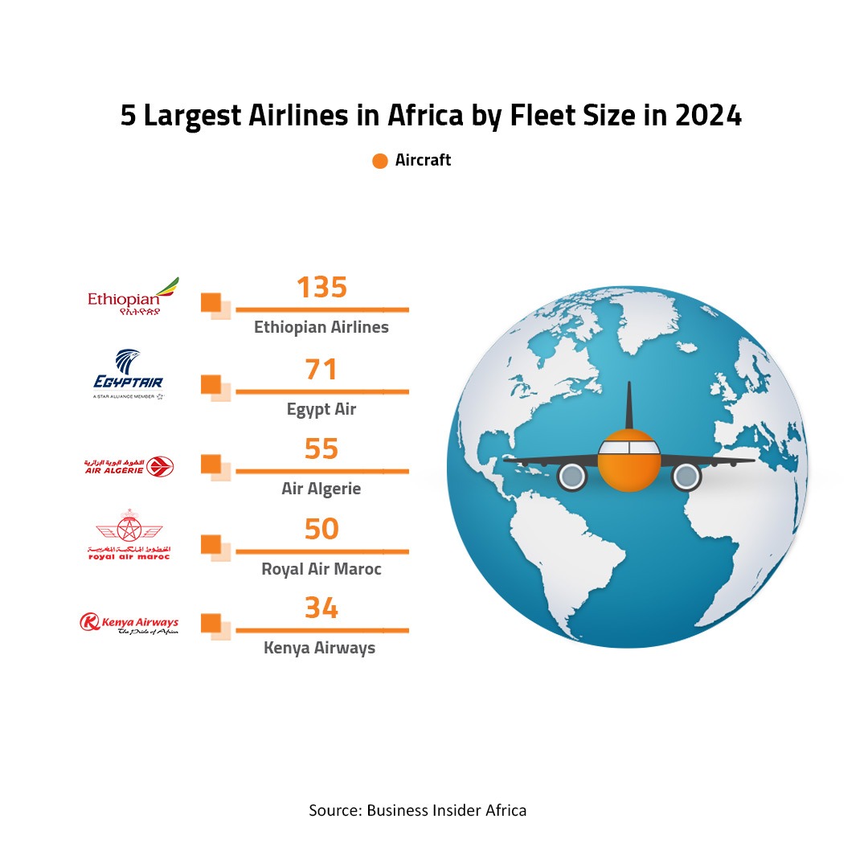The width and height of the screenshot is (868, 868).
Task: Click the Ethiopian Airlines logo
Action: coord(133,297)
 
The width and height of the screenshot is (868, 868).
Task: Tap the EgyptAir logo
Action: coord(129,374)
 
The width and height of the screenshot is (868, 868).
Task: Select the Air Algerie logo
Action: coord(129,466)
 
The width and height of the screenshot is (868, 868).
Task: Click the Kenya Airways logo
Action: coord(129,623)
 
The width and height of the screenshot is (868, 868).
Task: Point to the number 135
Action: coord(321,288)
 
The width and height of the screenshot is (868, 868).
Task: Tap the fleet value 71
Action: coord(321,370)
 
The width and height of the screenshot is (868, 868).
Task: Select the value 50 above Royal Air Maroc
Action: coord(321,529)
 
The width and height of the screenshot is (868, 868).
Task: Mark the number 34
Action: coord(321,608)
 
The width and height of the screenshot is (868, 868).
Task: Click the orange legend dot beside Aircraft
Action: coord(380,161)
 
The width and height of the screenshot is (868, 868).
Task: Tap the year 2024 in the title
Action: coord(707,117)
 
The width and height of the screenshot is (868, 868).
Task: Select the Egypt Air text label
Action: coord(321,409)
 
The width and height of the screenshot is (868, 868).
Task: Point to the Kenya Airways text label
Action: coord(320,648)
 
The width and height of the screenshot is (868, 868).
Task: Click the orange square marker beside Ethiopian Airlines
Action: coord(211,302)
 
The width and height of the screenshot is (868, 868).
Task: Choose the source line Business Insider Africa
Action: coord(418,810)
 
